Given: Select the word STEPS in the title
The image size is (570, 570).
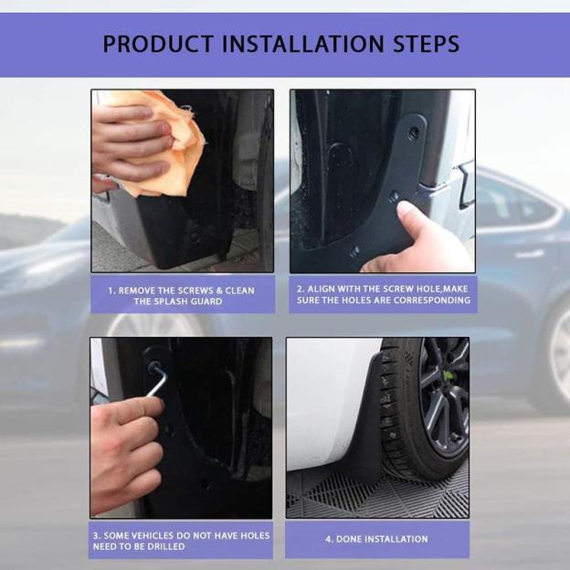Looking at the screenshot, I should click(427, 44).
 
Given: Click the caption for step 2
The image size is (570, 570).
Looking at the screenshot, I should click(383, 294).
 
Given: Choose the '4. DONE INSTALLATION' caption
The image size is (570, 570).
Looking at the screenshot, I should click(376, 539).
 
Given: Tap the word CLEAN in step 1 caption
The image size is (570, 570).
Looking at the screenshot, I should click(236, 290).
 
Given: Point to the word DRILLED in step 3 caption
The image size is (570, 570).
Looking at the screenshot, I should click(164, 546).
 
